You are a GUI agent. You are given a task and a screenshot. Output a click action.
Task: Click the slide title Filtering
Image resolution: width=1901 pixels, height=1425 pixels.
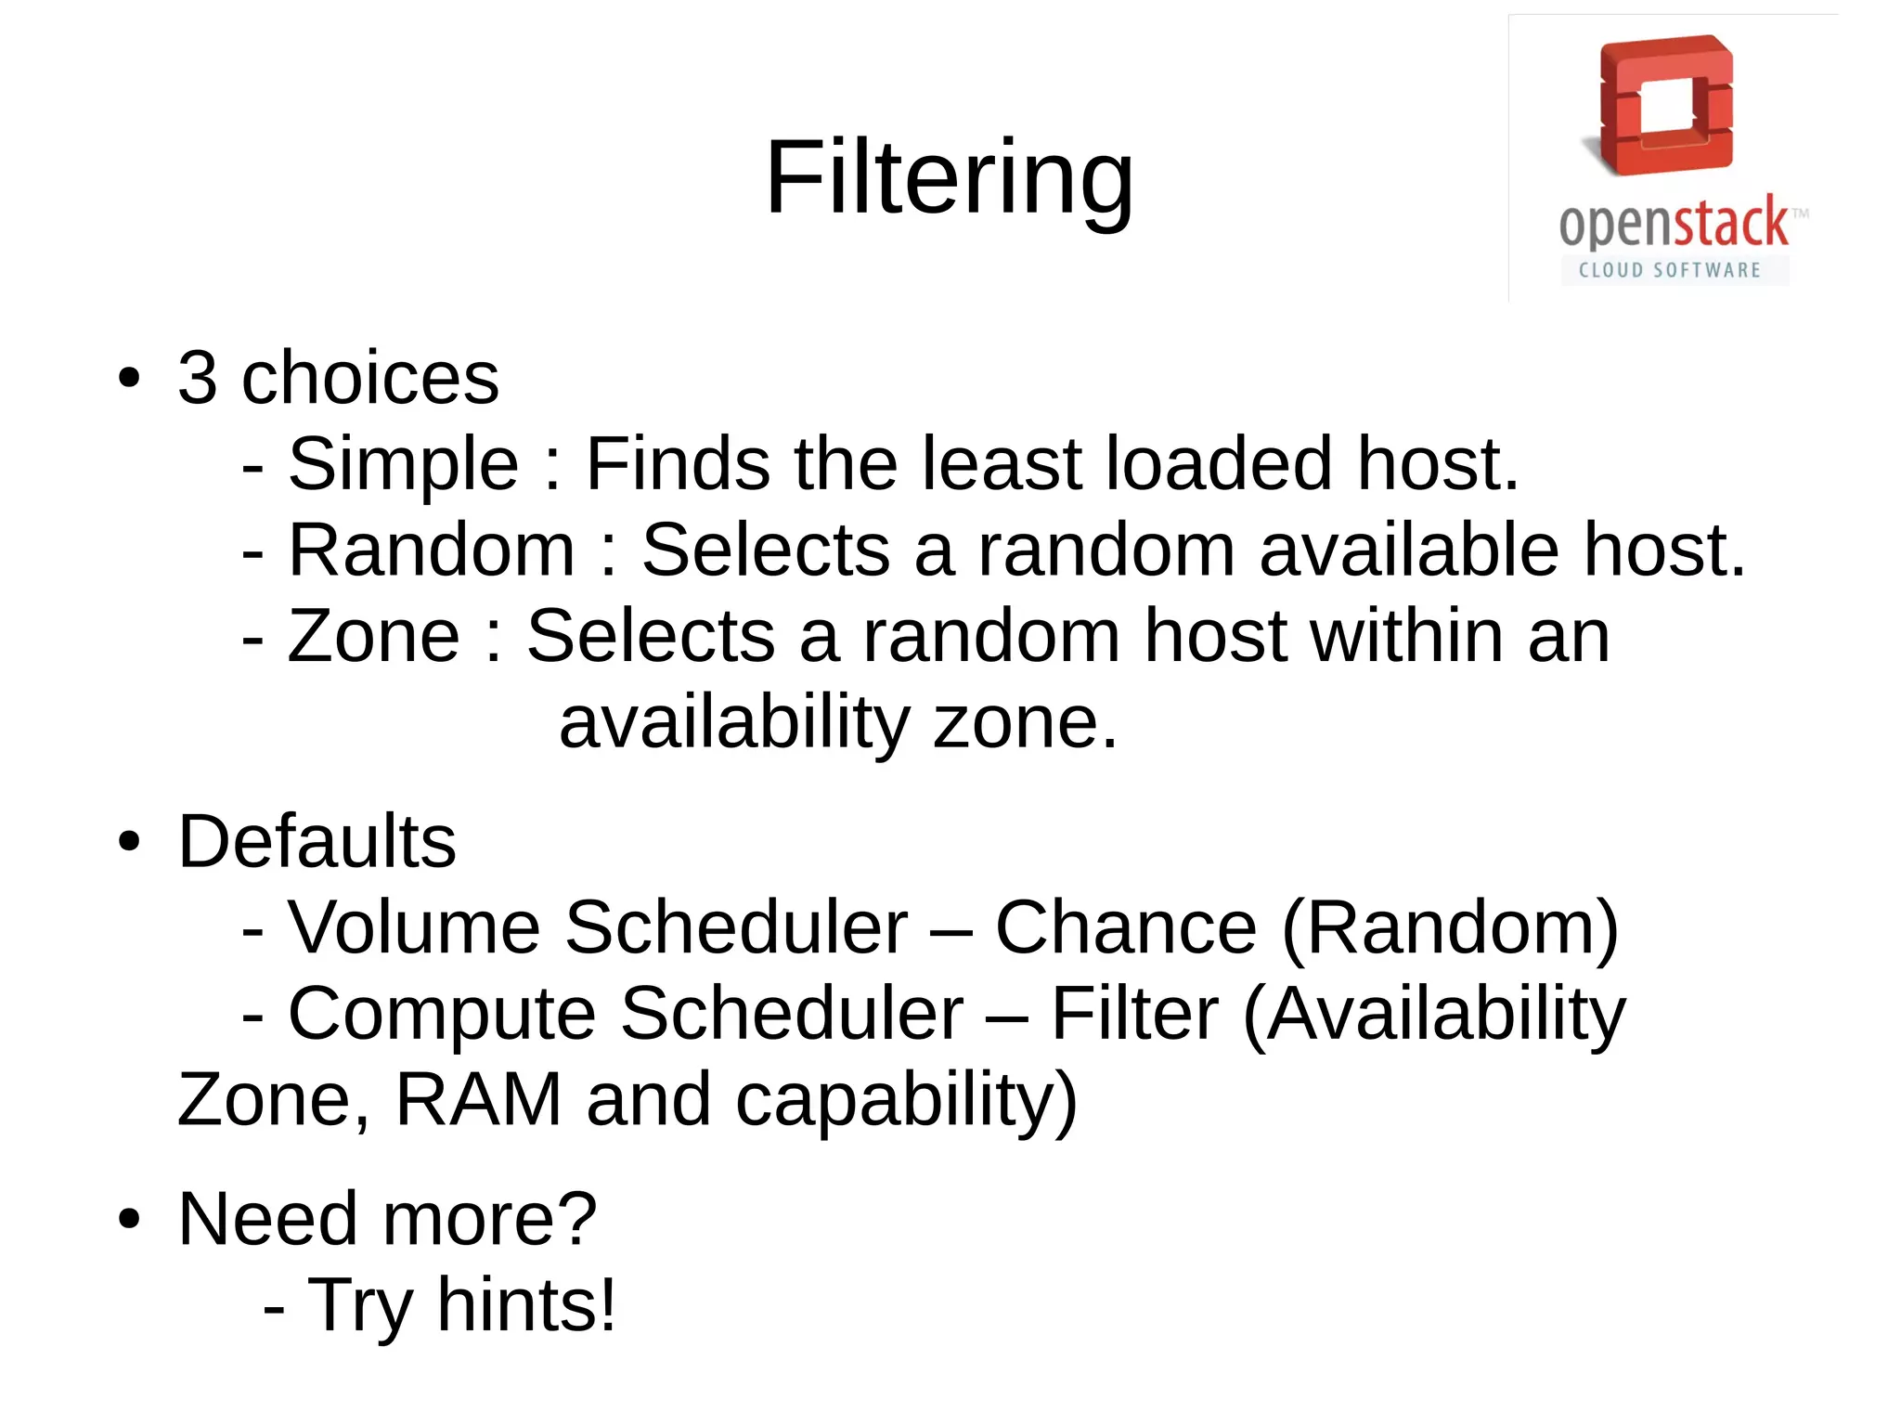(x=949, y=178)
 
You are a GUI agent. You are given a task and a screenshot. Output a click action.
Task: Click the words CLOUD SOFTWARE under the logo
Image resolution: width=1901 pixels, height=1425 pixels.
(x=1670, y=270)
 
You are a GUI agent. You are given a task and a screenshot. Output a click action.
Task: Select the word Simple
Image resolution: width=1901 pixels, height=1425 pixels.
(x=403, y=464)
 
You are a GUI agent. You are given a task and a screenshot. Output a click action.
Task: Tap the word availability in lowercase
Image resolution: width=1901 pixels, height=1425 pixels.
(x=734, y=723)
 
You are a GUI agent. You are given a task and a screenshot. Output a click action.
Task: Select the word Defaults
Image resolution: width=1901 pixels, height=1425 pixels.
(x=317, y=841)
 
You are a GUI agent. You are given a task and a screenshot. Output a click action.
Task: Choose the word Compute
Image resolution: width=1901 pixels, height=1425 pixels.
(x=442, y=1014)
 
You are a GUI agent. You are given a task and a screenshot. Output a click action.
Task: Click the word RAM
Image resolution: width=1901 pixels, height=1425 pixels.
(x=479, y=1099)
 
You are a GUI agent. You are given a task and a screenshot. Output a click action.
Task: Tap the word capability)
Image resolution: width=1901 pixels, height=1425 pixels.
(x=906, y=1101)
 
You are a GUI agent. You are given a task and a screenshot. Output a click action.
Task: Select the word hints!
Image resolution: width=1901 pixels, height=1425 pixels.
(x=526, y=1305)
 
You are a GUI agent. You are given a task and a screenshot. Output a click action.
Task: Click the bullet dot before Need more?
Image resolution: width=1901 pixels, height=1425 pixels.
(x=130, y=1219)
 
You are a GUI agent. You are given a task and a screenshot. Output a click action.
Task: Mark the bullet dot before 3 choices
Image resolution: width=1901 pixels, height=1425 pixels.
(x=130, y=379)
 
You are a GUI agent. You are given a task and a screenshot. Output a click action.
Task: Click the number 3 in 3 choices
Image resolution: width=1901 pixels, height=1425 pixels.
(x=197, y=378)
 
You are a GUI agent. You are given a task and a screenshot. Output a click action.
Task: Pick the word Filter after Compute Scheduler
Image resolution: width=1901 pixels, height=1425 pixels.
(x=1134, y=1014)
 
